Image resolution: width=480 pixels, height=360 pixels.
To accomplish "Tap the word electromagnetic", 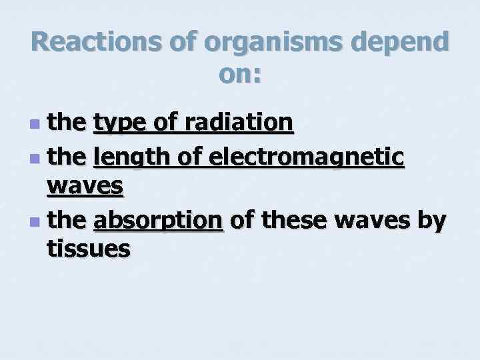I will (306, 157).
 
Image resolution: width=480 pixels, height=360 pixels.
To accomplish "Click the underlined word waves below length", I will (85, 186).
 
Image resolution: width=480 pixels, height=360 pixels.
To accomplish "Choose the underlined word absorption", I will (158, 219).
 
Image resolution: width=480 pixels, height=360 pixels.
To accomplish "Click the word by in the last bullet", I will (433, 219).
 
